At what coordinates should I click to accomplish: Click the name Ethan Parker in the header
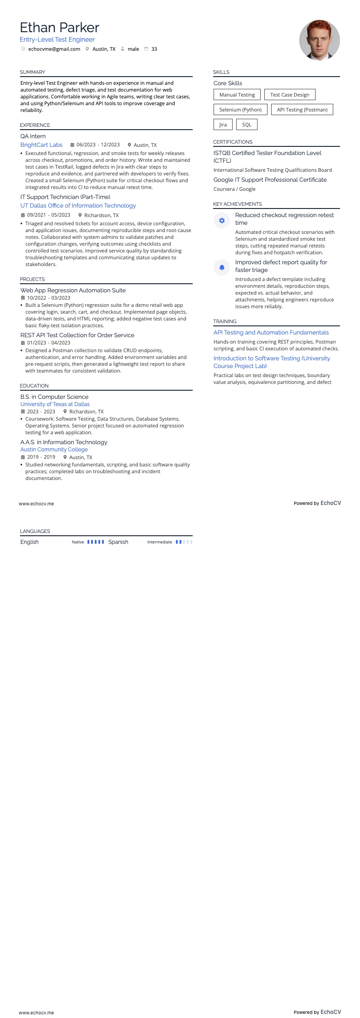[x=59, y=28]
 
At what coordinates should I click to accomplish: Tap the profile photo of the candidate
[x=319, y=40]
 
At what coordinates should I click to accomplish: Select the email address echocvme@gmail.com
[x=54, y=49]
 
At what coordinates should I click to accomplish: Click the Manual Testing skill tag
[x=237, y=95]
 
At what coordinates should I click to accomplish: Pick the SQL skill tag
[x=247, y=125]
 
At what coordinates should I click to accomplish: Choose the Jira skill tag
[x=223, y=125]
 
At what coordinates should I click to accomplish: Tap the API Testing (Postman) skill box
[x=302, y=110]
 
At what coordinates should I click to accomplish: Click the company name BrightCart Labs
[x=41, y=145]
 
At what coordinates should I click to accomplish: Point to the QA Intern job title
[x=33, y=136]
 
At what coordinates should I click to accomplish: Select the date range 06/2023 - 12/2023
[x=98, y=145]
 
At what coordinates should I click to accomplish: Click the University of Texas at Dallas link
[x=55, y=404]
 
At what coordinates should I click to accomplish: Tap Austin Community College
[x=54, y=450]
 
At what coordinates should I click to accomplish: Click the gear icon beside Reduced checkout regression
[x=222, y=221]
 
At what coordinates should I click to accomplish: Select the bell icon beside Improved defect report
[x=222, y=268]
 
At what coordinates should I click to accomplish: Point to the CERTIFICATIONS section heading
[x=233, y=142]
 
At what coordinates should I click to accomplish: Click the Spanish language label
[x=118, y=542]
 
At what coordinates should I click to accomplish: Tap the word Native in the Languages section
[x=78, y=542]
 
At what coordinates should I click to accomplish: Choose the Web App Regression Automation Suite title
[x=73, y=291]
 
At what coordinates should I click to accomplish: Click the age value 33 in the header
[x=154, y=49]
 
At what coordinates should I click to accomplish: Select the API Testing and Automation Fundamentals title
[x=271, y=333]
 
